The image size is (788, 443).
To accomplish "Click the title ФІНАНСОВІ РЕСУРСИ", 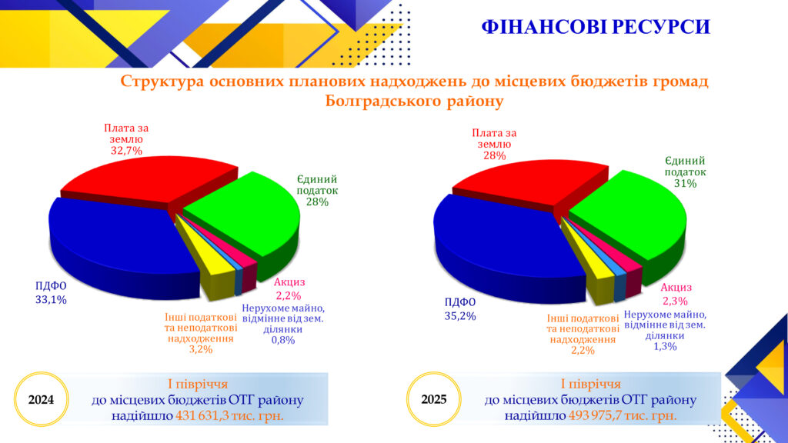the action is (x=596, y=27).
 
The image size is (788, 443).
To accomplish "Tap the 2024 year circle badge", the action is (x=41, y=399).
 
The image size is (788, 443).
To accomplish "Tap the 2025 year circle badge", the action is (x=433, y=399).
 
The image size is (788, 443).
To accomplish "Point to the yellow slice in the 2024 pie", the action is (x=211, y=266).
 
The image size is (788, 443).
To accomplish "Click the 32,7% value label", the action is (x=126, y=151).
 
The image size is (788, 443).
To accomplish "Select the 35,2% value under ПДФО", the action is (x=460, y=316).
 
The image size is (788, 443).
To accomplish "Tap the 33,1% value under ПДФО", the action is (x=51, y=300).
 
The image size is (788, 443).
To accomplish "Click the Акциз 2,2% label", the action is (x=289, y=289).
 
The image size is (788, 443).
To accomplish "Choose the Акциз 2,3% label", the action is (x=676, y=295).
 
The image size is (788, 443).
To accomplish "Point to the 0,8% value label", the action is (x=283, y=340).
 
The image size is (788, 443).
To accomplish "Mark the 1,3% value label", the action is (x=665, y=347).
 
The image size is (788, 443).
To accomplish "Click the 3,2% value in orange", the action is (x=201, y=349).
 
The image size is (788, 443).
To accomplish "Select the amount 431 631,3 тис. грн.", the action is (x=229, y=416).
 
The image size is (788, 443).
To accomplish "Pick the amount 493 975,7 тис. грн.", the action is (x=623, y=416).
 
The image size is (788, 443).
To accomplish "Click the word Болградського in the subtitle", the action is (x=383, y=102).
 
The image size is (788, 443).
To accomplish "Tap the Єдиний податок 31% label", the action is (x=685, y=172).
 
